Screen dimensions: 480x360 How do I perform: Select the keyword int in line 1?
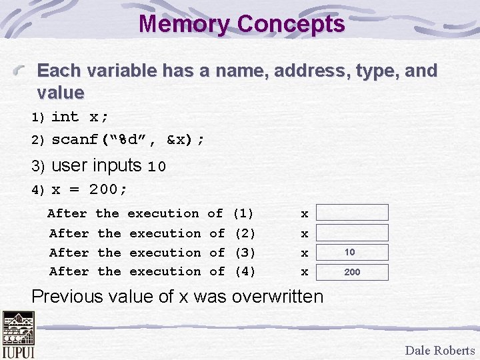pyautogui.click(x=65, y=117)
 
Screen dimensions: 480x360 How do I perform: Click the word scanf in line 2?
pyautogui.click(x=75, y=140)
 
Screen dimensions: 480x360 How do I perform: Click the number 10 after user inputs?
pyautogui.click(x=157, y=167)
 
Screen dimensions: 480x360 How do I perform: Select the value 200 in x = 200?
pyautogui.click(x=103, y=189)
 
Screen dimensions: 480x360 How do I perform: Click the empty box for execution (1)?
pyautogui.click(x=351, y=213)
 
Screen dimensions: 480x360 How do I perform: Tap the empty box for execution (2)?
pyautogui.click(x=351, y=233)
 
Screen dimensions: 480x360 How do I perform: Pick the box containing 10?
pyautogui.click(x=351, y=252)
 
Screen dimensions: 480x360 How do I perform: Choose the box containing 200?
pyautogui.click(x=351, y=272)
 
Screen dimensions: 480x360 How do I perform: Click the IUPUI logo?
pyautogui.click(x=18, y=335)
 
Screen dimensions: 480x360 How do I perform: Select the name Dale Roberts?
pyautogui.click(x=440, y=350)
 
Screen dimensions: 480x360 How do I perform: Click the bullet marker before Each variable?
pyautogui.click(x=24, y=69)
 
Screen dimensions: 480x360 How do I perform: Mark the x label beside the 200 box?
pyautogui.click(x=305, y=272)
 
